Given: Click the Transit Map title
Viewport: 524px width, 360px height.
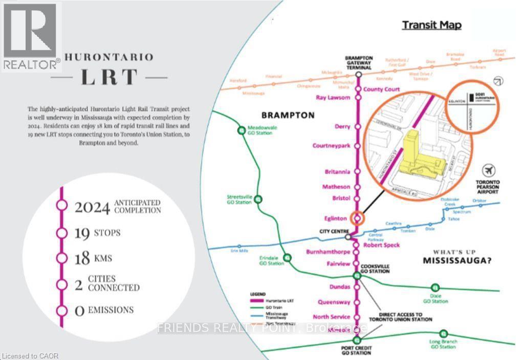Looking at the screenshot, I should (431, 25).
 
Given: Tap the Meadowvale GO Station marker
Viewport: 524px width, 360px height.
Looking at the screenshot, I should (242, 130).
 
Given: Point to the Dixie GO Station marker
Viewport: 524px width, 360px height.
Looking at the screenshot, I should (435, 287).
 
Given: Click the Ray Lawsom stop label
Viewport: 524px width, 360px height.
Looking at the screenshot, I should (333, 98).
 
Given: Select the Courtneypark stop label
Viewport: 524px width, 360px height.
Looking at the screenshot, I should (331, 146).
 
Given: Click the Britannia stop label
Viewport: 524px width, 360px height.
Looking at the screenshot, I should (337, 172).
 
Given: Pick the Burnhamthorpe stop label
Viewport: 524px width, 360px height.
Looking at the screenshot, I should (328, 252).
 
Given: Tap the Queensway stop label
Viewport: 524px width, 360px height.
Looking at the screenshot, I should (334, 302).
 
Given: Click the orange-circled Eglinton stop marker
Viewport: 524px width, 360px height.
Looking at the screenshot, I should (358, 218).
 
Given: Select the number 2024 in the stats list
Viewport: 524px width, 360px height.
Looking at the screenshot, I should (92, 207).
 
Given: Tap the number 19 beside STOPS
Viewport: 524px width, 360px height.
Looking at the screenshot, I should (82, 233).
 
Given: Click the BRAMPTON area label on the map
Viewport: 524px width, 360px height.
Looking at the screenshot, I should (288, 115).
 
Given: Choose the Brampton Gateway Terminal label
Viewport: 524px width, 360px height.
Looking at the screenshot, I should (359, 62).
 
